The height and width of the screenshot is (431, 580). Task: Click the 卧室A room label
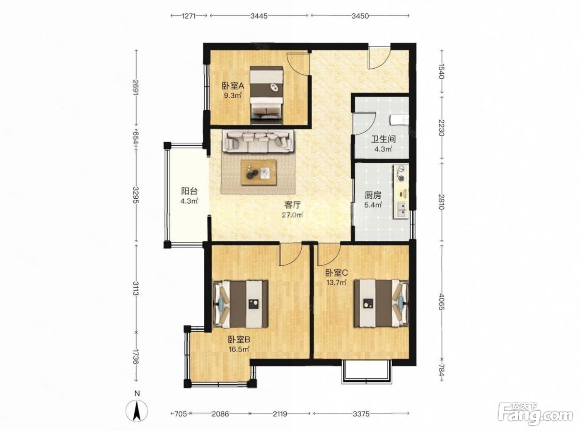point(233,85)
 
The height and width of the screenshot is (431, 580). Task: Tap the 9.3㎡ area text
point(233,95)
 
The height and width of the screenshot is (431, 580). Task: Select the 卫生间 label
point(383,139)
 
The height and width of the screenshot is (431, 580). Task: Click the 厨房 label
point(373,195)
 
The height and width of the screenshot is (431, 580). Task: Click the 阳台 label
point(189,191)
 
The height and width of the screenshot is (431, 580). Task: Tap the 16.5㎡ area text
point(239,349)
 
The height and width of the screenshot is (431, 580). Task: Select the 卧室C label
point(336,273)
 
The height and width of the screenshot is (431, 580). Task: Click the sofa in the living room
point(258,142)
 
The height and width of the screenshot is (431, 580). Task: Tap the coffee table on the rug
point(259,173)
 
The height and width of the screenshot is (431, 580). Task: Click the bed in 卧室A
point(267,95)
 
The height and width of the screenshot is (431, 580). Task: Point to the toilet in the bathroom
point(399,120)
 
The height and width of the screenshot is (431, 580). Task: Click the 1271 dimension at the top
point(188,16)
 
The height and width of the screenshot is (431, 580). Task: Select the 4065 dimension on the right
point(442,302)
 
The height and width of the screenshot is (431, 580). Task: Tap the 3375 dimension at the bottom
point(361,414)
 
